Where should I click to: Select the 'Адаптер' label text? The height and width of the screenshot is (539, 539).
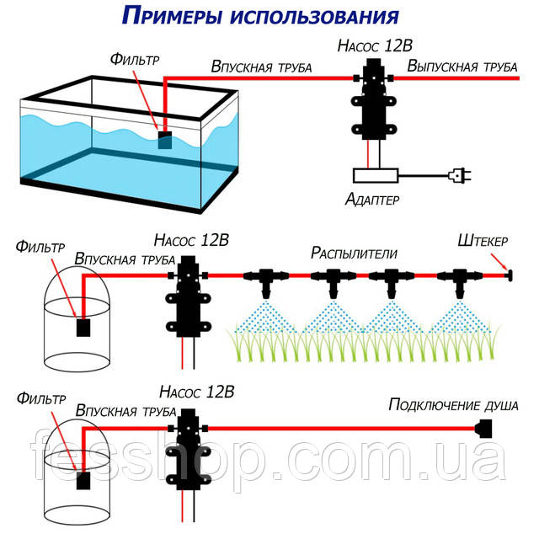[x=372, y=200]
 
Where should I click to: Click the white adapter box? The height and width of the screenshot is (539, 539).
[x=375, y=175]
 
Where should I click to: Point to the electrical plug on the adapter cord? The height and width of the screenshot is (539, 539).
[x=460, y=175]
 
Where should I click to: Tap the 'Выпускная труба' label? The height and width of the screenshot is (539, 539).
[x=461, y=65]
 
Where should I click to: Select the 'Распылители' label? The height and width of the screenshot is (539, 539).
[x=354, y=252]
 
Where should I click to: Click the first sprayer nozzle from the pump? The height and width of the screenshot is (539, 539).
[x=265, y=279]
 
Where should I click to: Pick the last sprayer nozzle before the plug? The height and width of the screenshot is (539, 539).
[x=460, y=279]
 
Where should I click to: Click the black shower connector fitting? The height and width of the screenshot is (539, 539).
[x=484, y=429]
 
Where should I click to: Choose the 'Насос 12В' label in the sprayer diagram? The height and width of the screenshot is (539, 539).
[x=191, y=240]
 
